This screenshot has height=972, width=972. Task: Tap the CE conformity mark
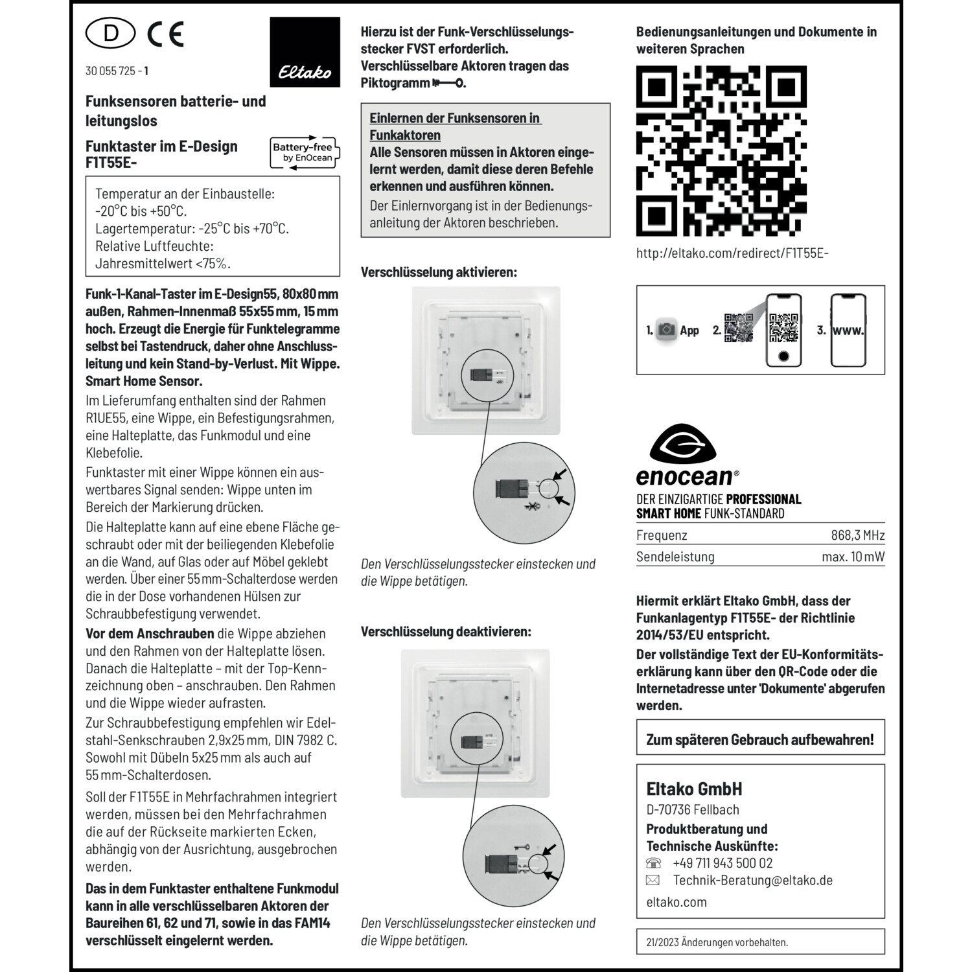(x=166, y=34)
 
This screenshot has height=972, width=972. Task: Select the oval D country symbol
(x=111, y=34)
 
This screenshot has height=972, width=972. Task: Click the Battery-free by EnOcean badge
(x=305, y=153)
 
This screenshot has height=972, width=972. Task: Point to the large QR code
(x=721, y=150)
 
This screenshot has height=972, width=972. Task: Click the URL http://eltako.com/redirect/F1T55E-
(x=732, y=253)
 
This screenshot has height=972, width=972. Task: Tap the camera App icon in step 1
(x=666, y=330)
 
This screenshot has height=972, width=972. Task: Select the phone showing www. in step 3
(x=848, y=330)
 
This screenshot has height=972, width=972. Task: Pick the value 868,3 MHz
(x=857, y=535)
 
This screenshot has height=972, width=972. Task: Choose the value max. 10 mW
(x=853, y=557)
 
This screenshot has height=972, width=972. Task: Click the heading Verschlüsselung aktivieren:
(x=439, y=272)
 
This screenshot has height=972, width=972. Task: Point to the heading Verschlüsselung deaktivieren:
(x=446, y=631)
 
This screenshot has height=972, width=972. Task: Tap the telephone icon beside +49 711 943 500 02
(x=654, y=863)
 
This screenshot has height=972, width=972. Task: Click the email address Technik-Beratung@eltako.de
(x=752, y=880)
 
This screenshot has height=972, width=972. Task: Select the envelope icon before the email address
(x=653, y=880)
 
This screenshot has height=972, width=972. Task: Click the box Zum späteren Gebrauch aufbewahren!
(x=760, y=739)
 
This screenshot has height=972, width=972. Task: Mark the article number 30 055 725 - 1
(x=117, y=71)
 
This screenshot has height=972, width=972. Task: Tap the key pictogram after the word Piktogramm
(x=448, y=83)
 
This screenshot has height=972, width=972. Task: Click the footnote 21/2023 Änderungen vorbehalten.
(x=717, y=942)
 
